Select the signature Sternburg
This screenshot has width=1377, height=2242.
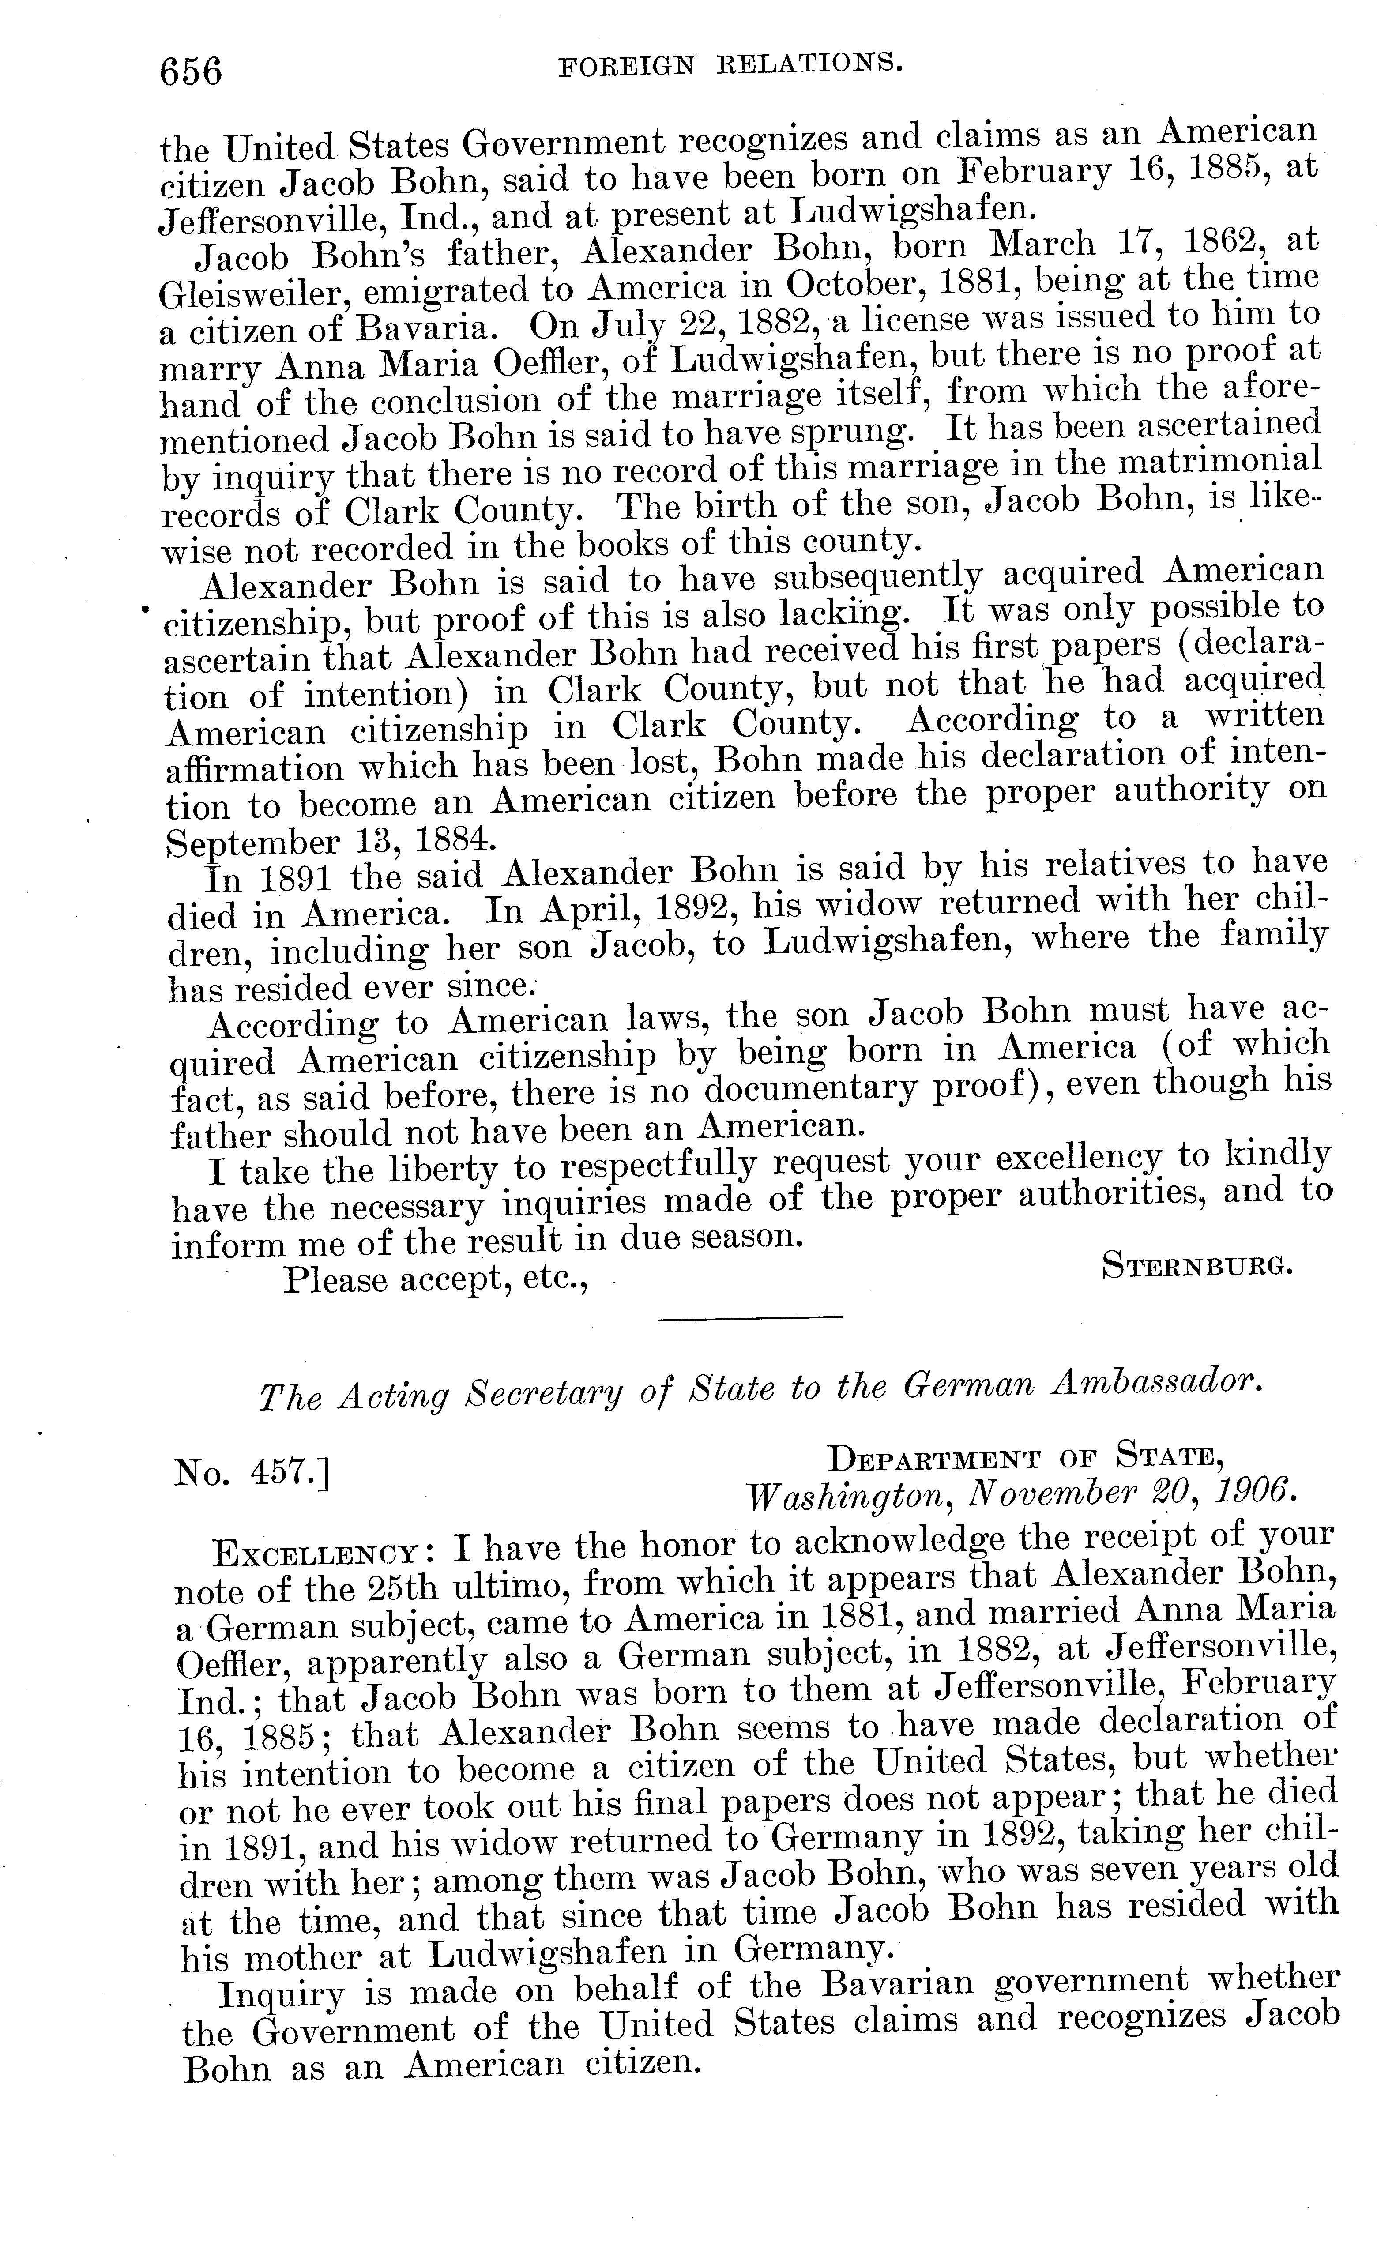pos(1196,1266)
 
